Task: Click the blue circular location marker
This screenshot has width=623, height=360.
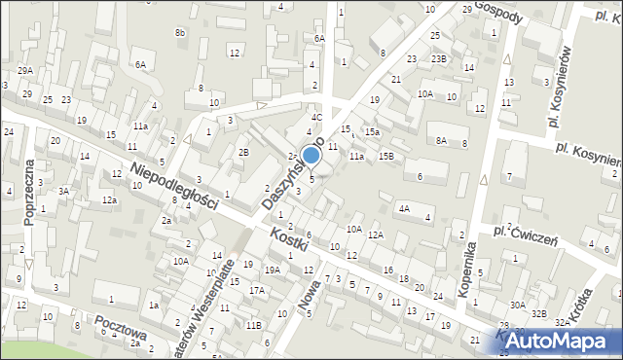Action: pyautogui.click(x=311, y=156)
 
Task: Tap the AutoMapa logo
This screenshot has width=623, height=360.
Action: pyautogui.click(x=558, y=341)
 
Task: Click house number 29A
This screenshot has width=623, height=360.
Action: pyautogui.click(x=25, y=70)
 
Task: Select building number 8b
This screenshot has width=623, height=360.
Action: pyautogui.click(x=179, y=33)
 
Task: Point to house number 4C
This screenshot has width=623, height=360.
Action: pyautogui.click(x=316, y=117)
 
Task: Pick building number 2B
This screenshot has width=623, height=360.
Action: pyautogui.click(x=244, y=152)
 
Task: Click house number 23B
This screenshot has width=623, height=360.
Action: pyautogui.click(x=439, y=58)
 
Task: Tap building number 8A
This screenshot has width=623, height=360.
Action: pyautogui.click(x=441, y=140)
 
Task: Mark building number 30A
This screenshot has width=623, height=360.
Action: pyautogui.click(x=516, y=306)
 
